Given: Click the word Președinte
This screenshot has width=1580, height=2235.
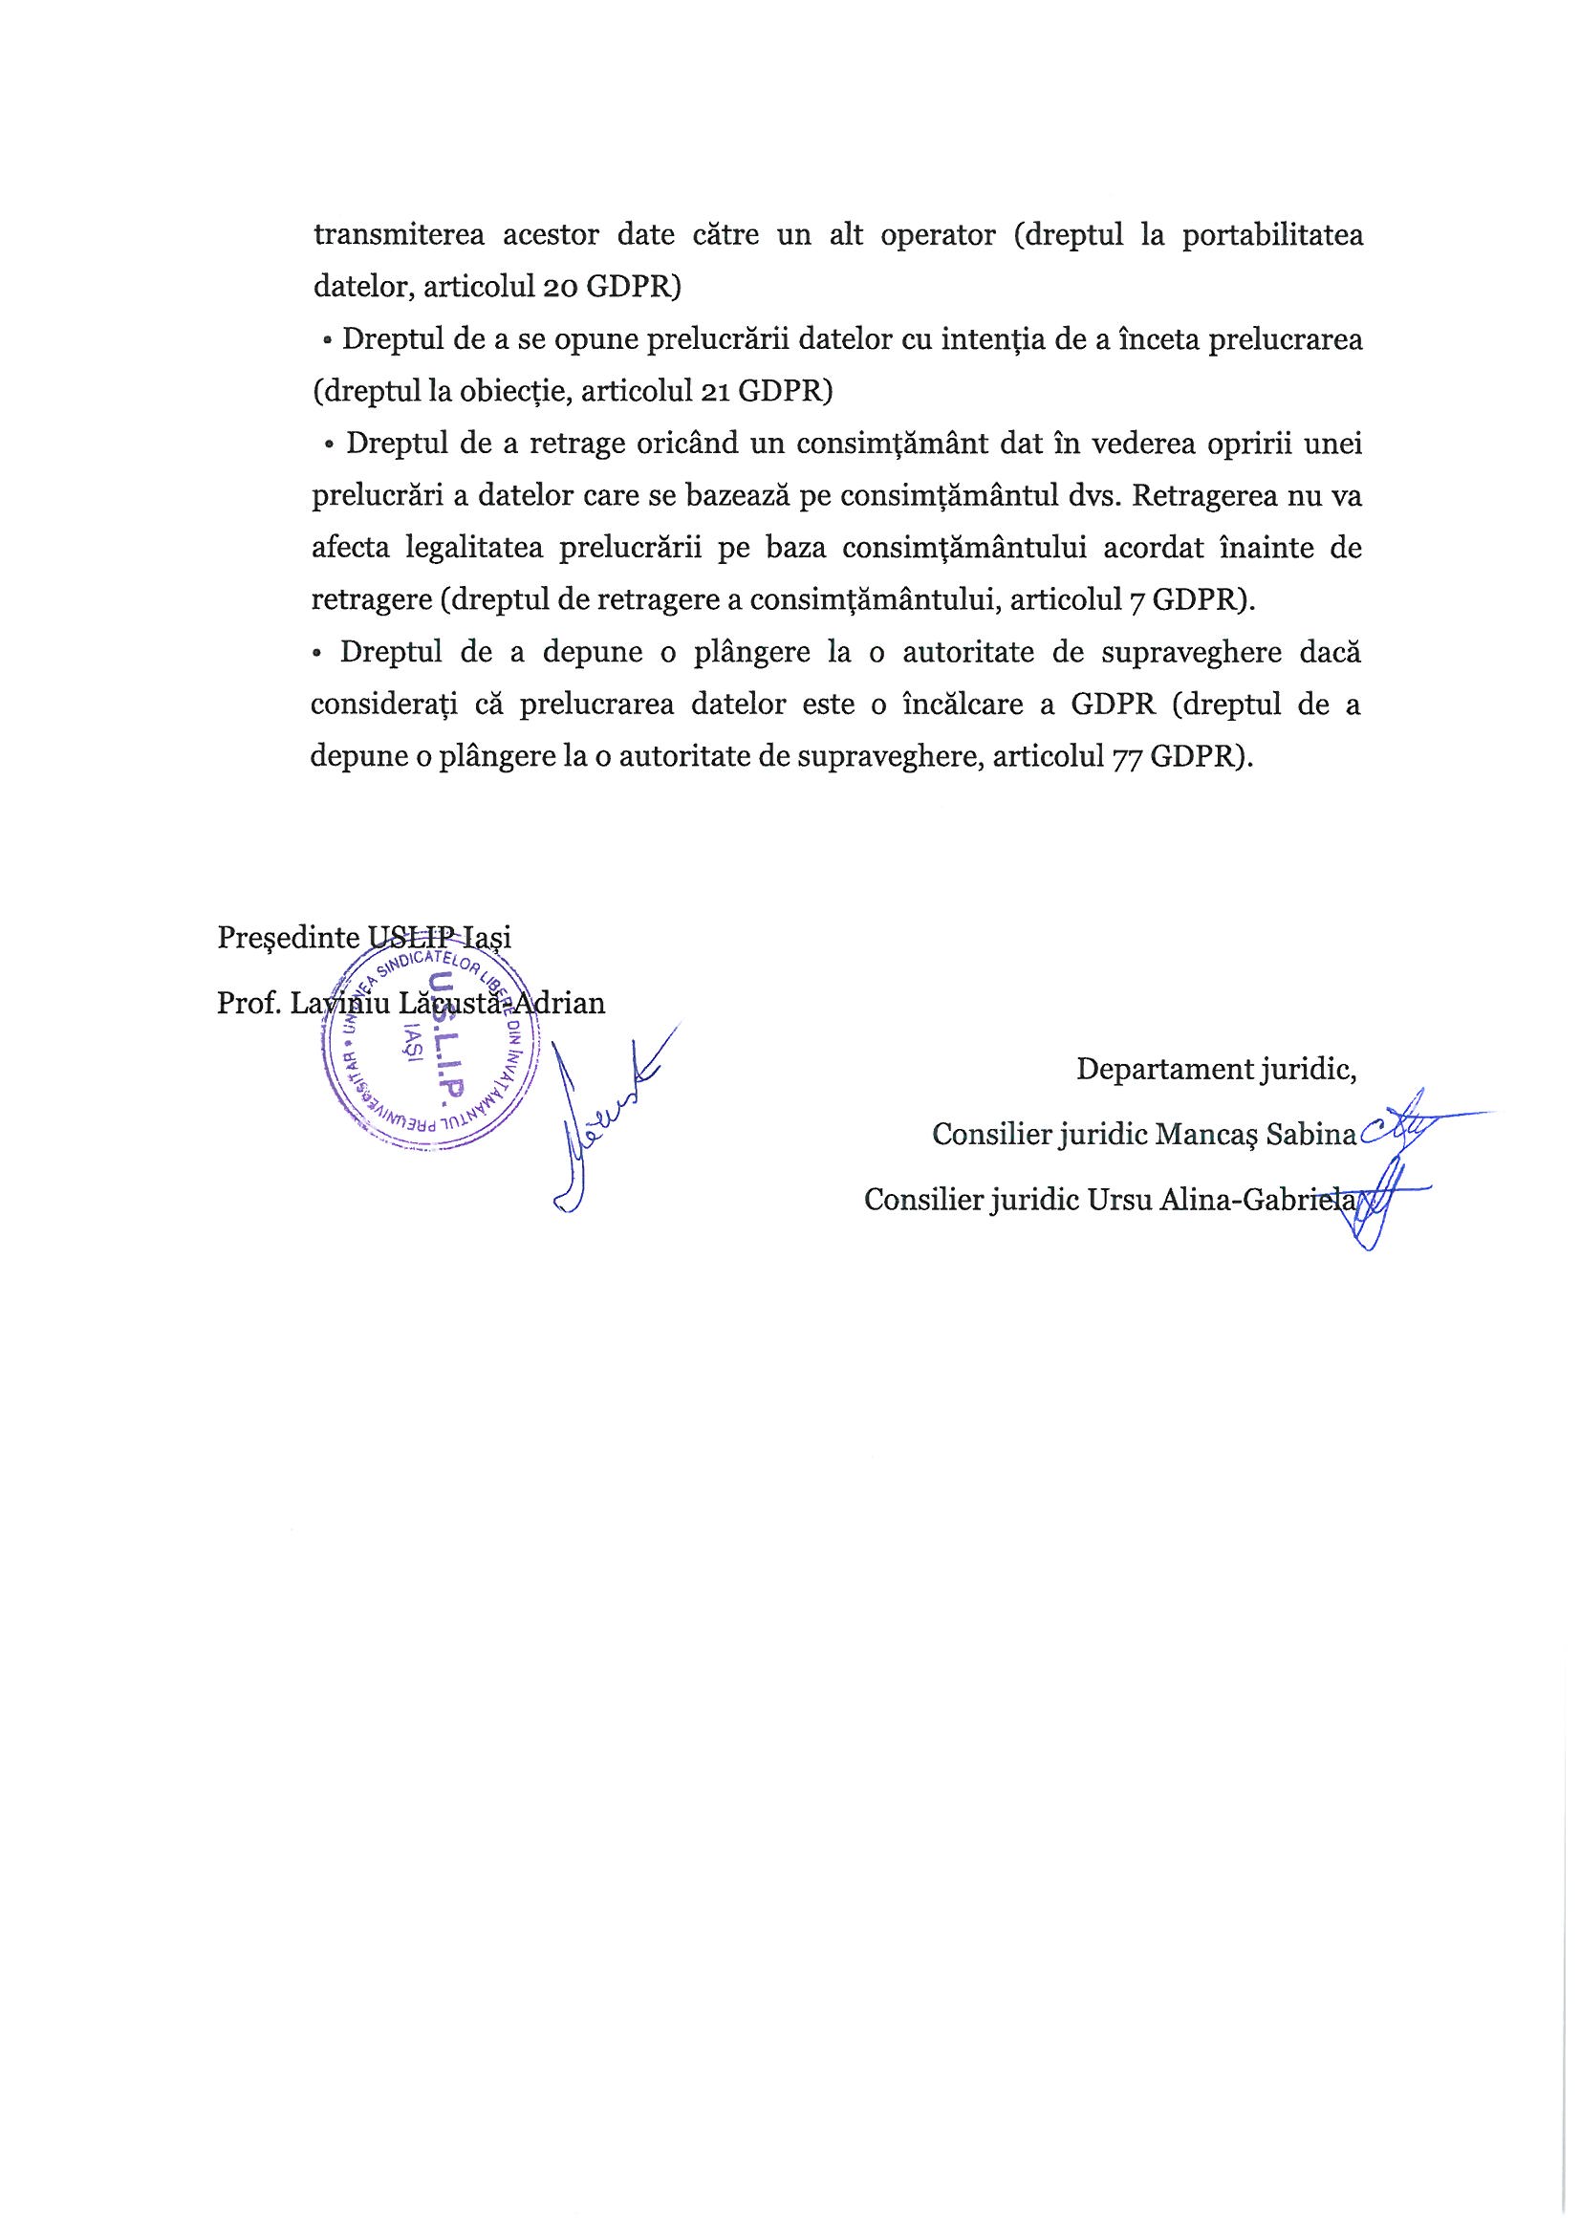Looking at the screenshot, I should coord(288,938).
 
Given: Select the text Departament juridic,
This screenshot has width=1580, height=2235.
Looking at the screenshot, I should coord(1216,1070).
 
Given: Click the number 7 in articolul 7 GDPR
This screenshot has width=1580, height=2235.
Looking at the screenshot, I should coord(1136,599).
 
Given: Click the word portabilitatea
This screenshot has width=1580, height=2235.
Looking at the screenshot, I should coord(1271,236).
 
